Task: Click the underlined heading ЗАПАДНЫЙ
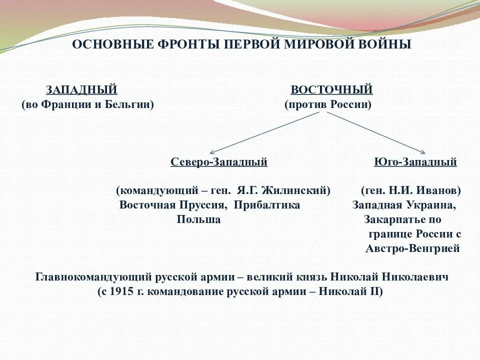81,90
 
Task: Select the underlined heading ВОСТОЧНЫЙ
331,90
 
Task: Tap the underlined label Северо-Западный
219,162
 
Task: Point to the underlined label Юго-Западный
415,162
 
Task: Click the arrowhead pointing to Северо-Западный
212,152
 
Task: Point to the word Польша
198,219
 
